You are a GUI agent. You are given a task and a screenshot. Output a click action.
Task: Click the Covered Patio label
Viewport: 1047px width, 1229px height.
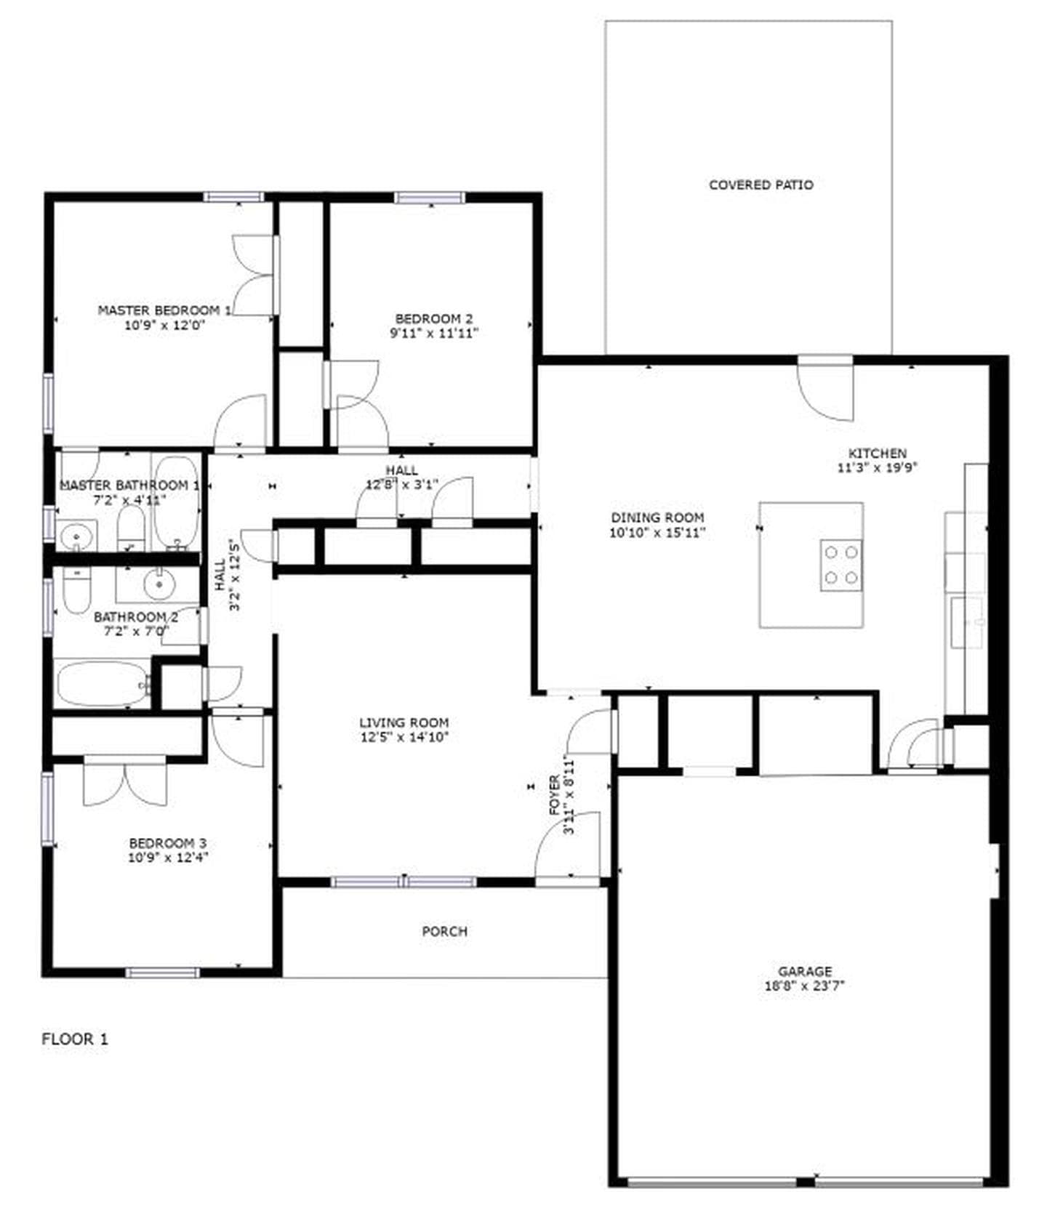(x=761, y=185)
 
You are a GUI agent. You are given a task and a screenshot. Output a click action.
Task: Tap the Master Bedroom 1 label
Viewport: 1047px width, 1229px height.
(x=164, y=310)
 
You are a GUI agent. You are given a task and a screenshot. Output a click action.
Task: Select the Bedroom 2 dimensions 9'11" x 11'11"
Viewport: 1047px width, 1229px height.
(x=434, y=334)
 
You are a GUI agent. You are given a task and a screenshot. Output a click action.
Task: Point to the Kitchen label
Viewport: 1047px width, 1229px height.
(x=877, y=453)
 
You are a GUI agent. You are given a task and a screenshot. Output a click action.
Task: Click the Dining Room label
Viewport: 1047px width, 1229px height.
(x=657, y=517)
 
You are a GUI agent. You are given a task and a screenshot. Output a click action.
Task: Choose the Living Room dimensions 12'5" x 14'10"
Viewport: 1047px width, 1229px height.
(x=404, y=737)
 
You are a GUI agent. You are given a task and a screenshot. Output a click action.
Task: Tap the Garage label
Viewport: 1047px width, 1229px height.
(x=804, y=971)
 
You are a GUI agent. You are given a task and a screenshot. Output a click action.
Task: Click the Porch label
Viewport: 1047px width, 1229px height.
(x=444, y=931)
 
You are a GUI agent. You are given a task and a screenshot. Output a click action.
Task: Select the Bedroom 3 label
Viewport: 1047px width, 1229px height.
(x=167, y=843)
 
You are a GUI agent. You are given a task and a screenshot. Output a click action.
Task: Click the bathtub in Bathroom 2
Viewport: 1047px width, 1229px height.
(x=101, y=683)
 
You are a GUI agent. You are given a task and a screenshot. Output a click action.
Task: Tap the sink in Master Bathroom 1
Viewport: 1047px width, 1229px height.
(x=76, y=536)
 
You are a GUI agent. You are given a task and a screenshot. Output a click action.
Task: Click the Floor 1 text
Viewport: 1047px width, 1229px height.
(x=74, y=1039)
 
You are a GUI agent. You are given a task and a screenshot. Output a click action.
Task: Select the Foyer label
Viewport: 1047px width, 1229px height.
(x=555, y=794)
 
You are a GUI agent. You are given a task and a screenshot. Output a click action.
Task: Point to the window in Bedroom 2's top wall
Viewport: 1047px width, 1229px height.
(x=429, y=198)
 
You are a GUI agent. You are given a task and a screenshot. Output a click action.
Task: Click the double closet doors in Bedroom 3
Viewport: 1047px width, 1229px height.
(x=124, y=781)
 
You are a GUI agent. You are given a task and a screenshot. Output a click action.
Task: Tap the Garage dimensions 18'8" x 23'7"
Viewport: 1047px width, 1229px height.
(x=804, y=986)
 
